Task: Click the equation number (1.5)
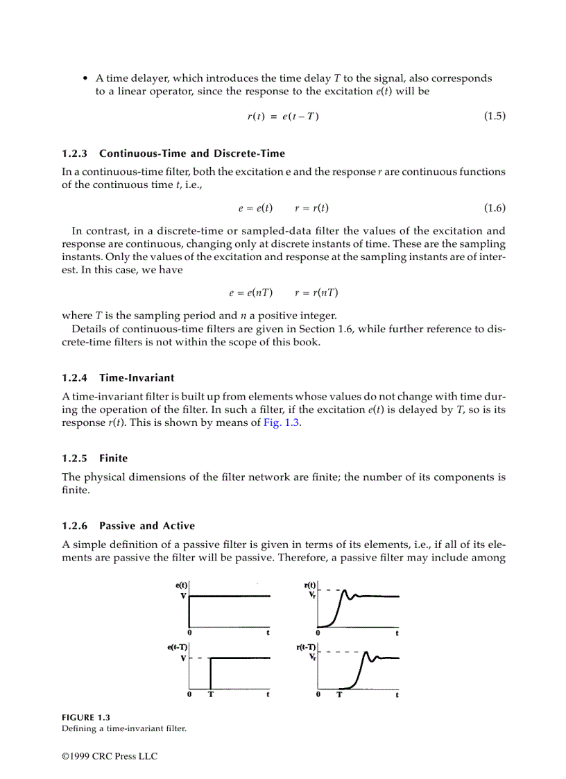point(494,117)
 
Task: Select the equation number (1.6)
point(494,208)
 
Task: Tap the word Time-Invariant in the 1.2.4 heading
point(137,378)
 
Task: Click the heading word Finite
point(113,459)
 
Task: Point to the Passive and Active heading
point(147,526)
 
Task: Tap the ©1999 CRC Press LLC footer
point(110,756)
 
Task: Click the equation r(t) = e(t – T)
point(283,117)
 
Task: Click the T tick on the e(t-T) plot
point(210,695)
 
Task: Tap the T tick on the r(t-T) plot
point(339,695)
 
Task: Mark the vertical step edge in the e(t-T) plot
point(210,673)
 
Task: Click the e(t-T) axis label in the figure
point(178,647)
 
